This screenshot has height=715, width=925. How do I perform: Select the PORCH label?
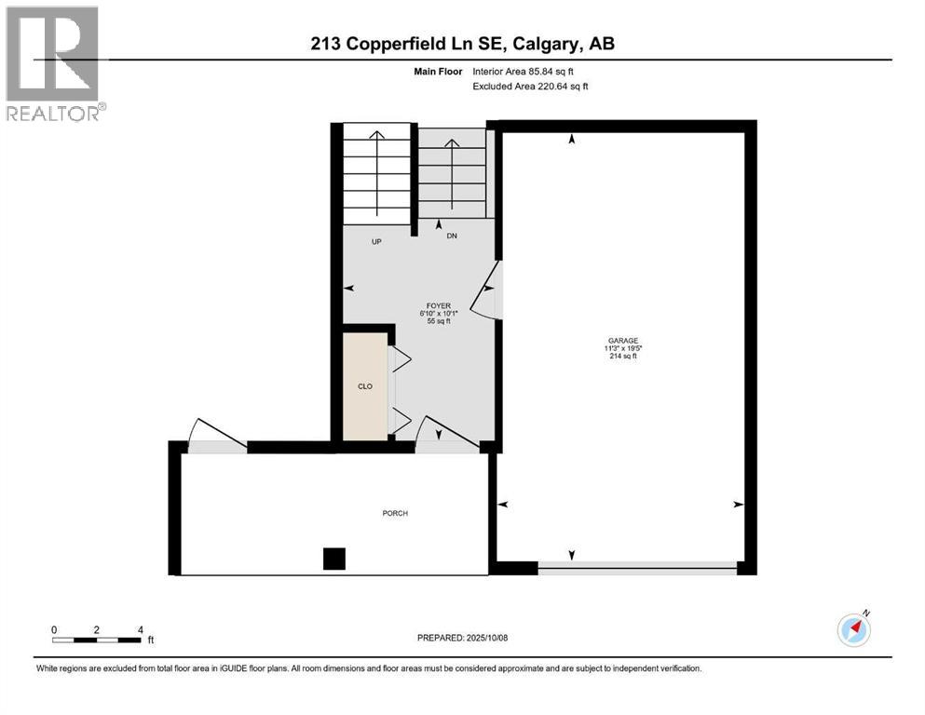click(x=394, y=513)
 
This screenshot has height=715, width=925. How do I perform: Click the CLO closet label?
click(x=366, y=385)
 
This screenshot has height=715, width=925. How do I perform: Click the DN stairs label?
click(x=452, y=236)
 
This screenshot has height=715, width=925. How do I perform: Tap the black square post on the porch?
click(x=333, y=559)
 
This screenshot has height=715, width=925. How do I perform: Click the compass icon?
click(x=853, y=629)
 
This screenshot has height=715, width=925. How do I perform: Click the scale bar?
click(x=97, y=639)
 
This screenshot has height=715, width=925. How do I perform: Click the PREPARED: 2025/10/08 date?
click(x=462, y=638)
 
